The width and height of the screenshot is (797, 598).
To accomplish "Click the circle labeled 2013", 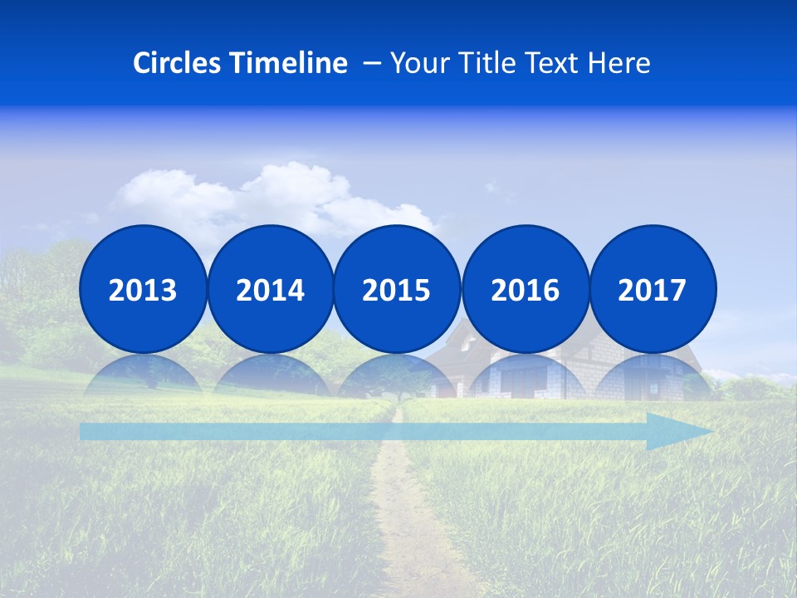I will click(143, 289).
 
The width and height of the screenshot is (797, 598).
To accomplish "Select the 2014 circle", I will click(270, 289).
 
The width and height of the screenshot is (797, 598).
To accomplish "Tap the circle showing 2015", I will click(397, 289).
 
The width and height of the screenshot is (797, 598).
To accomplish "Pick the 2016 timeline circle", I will click(525, 289).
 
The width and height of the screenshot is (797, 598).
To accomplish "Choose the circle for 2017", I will click(652, 289).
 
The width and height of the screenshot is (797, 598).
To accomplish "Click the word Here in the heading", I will click(619, 63).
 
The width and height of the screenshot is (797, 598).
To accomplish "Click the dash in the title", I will click(373, 63).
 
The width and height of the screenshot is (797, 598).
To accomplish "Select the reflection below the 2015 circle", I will click(397, 375).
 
